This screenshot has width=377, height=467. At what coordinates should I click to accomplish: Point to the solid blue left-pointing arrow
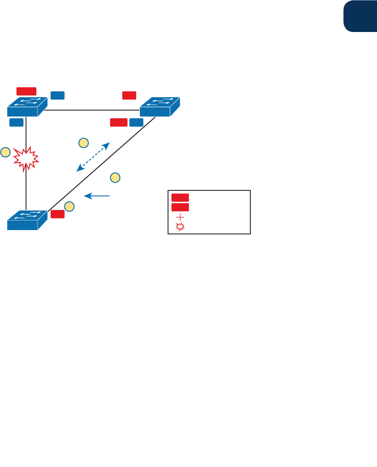pos(98,196)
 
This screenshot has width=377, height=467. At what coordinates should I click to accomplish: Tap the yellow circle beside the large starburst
pos(6,152)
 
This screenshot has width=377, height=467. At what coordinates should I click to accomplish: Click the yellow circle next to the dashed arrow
pos(84,143)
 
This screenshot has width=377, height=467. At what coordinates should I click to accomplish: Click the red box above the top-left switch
pos(26,91)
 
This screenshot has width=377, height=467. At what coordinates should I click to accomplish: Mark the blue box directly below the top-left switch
pos(16,123)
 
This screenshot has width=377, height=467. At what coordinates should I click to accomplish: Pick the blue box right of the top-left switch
pos(58,95)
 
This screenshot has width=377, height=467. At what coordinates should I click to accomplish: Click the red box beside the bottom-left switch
pos(58,214)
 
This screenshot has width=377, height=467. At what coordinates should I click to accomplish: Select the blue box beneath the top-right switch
pos(136,123)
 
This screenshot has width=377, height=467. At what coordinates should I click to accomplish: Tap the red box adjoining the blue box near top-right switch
pos(119,123)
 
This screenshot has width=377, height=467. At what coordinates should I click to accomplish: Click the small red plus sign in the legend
pos(180,217)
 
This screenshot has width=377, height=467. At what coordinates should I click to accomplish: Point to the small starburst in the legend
pos(180,227)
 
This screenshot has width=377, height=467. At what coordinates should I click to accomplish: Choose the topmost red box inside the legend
pos(180,197)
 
